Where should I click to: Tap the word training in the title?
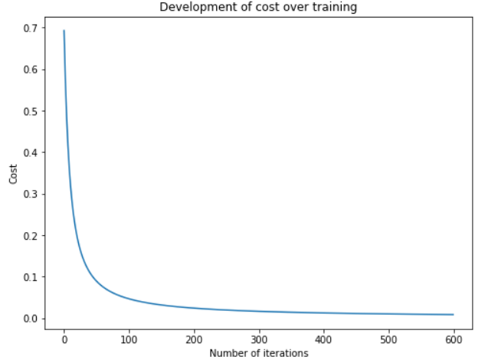coord(336,8)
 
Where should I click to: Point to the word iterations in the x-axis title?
coord(283,353)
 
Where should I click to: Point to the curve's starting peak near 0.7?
coord(64,31)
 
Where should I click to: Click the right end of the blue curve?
coord(453,315)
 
